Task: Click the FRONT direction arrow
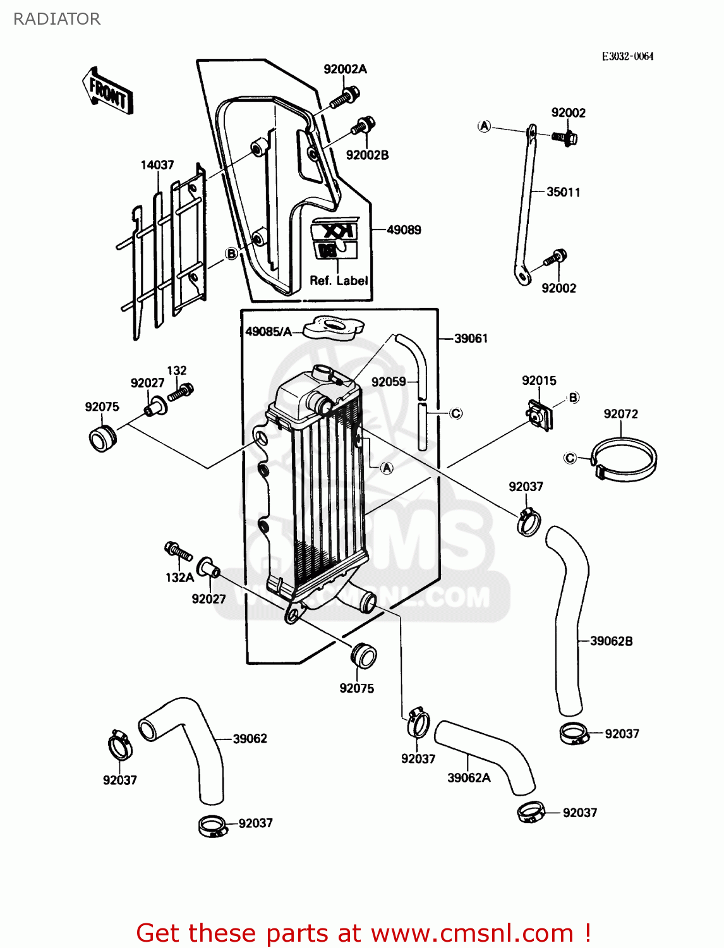[x=107, y=92]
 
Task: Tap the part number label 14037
[x=157, y=165]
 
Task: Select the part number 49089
[x=404, y=230]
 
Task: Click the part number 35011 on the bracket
[x=563, y=192]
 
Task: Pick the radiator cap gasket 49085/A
[x=334, y=327]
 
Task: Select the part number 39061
[x=471, y=339]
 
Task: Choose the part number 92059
[x=389, y=382]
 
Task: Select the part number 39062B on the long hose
[x=611, y=641]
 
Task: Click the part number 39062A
[x=469, y=778]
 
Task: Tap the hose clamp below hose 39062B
[x=574, y=733]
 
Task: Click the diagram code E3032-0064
[x=627, y=56]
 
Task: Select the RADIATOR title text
[x=57, y=19]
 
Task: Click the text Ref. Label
[x=339, y=281]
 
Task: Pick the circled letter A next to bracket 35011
[x=484, y=126]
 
